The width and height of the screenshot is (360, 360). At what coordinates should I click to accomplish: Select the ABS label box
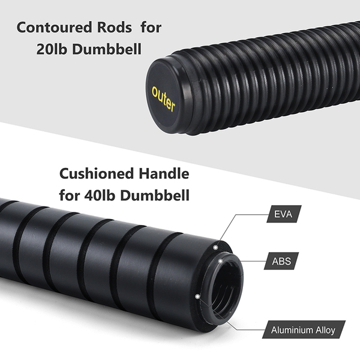(283, 262)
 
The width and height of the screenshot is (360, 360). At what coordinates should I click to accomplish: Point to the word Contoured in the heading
(50, 28)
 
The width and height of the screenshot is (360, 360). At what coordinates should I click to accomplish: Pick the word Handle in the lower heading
(162, 175)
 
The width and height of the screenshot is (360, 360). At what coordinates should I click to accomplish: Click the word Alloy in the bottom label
(330, 329)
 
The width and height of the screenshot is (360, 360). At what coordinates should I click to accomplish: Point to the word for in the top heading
(150, 28)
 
